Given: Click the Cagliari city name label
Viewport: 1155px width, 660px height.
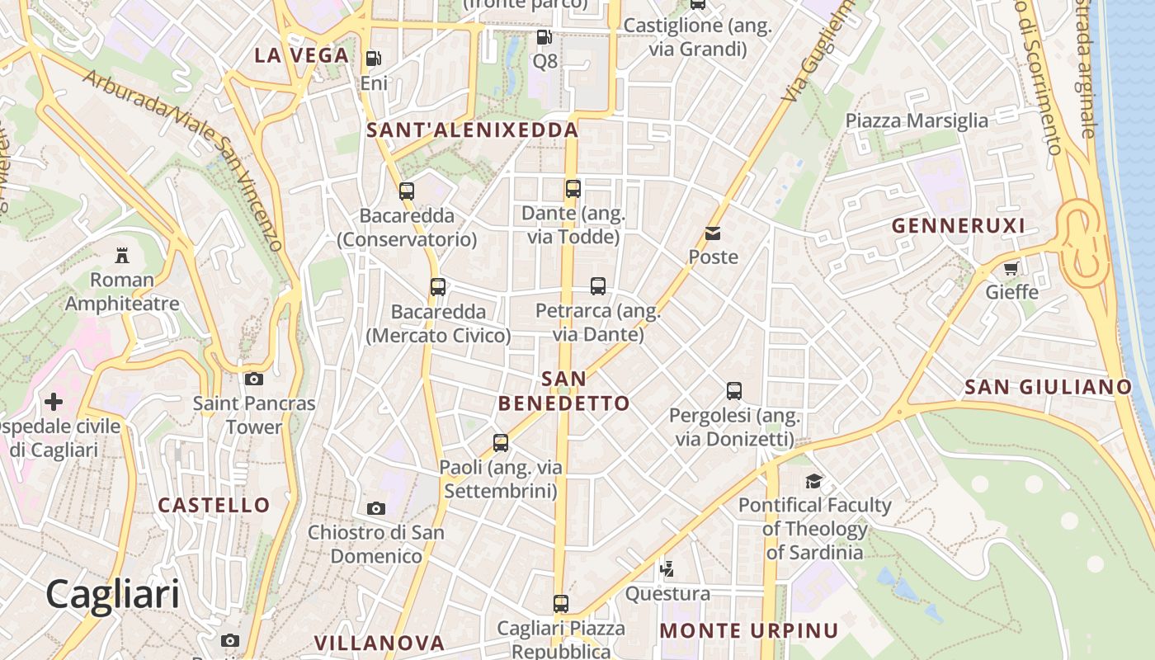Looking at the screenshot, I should click(x=112, y=594).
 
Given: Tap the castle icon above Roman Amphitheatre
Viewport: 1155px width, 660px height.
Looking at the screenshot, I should click(x=122, y=254).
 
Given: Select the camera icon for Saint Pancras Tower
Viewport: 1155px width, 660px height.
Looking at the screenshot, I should click(x=254, y=379).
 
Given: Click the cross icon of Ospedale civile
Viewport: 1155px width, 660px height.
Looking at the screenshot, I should click(x=54, y=402).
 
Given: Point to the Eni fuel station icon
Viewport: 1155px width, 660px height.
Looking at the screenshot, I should click(x=374, y=59).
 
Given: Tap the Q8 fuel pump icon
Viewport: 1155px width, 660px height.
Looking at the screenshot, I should click(x=544, y=36).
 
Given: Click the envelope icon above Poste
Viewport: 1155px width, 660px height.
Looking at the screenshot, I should click(x=713, y=233).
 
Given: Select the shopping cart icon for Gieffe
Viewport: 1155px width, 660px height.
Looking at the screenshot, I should click(x=1011, y=268).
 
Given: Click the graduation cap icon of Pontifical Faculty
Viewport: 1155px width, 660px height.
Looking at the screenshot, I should click(x=814, y=481).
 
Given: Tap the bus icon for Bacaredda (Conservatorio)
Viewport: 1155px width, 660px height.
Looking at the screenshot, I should click(x=407, y=191).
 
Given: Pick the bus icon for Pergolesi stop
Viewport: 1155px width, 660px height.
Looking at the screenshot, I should click(x=734, y=391).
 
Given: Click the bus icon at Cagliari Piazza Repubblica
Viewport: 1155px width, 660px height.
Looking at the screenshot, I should click(x=561, y=604).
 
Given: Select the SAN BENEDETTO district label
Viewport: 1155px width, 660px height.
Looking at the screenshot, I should click(x=564, y=391).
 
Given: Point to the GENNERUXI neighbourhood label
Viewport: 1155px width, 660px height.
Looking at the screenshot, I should click(x=958, y=226).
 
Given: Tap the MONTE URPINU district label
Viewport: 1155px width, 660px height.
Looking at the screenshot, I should click(x=749, y=631).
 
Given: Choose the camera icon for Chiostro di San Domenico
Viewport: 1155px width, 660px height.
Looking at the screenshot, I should click(x=376, y=508).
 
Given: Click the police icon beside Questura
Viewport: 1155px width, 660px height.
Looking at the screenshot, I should click(x=667, y=569).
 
